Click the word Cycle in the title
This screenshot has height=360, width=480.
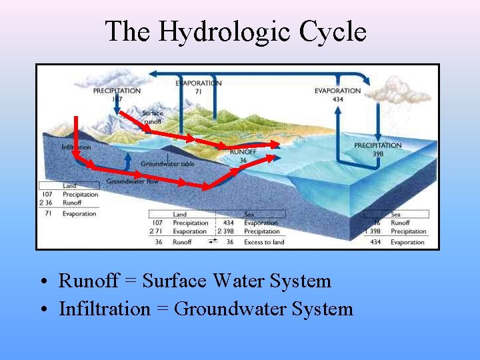333,31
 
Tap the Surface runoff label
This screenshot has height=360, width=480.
152,117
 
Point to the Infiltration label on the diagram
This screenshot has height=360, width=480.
76,147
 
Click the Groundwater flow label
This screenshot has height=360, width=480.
132,181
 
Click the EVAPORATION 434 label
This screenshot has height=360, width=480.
337,95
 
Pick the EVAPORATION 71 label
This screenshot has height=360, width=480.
199,87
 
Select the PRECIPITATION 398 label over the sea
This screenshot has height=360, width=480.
377,149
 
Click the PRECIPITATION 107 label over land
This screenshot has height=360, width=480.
117,94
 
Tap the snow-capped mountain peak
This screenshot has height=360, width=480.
76,123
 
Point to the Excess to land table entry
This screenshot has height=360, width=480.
264,242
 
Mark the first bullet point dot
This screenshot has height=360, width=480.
42,281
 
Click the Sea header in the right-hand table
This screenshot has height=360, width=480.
395,214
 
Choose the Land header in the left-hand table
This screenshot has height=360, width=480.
69,185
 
